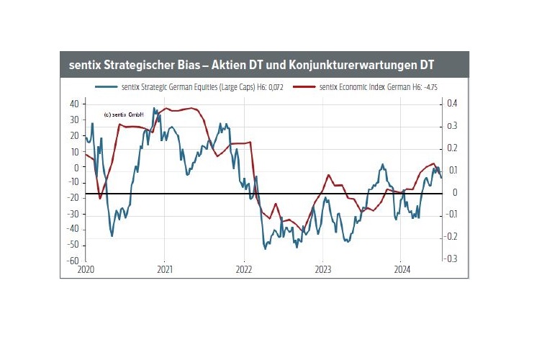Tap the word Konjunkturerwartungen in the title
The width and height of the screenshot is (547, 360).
click(347, 64)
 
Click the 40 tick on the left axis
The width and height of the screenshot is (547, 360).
click(73, 104)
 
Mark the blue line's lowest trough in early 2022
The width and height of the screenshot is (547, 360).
click(265, 248)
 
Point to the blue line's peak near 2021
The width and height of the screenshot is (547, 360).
click(154, 109)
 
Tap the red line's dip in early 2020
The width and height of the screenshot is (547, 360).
click(100, 197)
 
